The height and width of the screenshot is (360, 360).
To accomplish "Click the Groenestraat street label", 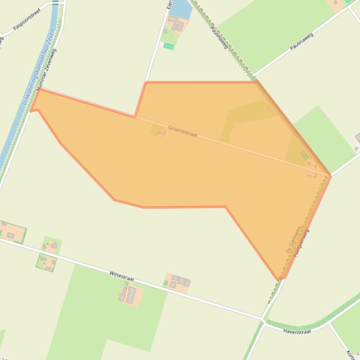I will (x=183, y=131).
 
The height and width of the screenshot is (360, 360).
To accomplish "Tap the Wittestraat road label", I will (x=122, y=275).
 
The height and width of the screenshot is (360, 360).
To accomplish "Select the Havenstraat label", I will (x=297, y=331).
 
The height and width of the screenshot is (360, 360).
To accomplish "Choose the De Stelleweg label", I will (x=294, y=240).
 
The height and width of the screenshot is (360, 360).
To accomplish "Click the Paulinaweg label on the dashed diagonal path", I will (x=219, y=37).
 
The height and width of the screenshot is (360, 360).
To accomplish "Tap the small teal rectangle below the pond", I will (x=169, y=46).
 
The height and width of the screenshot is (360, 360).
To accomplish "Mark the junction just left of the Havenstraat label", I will (x=263, y=320).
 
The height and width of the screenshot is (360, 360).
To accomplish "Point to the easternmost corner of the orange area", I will (x=331, y=176).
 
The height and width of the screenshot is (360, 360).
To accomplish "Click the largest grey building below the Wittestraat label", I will (x=131, y=295).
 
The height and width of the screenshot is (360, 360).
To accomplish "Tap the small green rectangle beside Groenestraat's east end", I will (x=305, y=155).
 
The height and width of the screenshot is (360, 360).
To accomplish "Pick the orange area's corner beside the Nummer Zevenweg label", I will (x=38, y=89).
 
